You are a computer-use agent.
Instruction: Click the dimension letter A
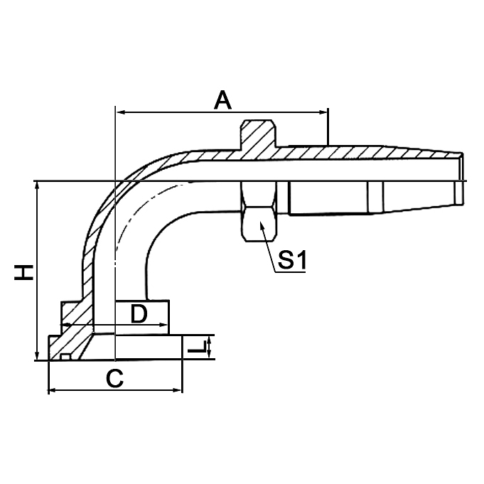click(x=223, y=100)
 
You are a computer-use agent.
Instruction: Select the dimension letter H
click(x=24, y=271)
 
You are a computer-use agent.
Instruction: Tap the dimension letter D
click(x=139, y=313)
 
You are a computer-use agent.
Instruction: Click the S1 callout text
click(x=291, y=261)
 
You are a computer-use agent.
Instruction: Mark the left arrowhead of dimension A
click(x=120, y=112)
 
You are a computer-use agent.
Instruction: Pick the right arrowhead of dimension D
click(x=164, y=328)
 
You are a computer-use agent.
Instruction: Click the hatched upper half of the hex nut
click(x=257, y=136)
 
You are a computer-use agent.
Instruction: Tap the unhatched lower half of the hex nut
click(x=257, y=213)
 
